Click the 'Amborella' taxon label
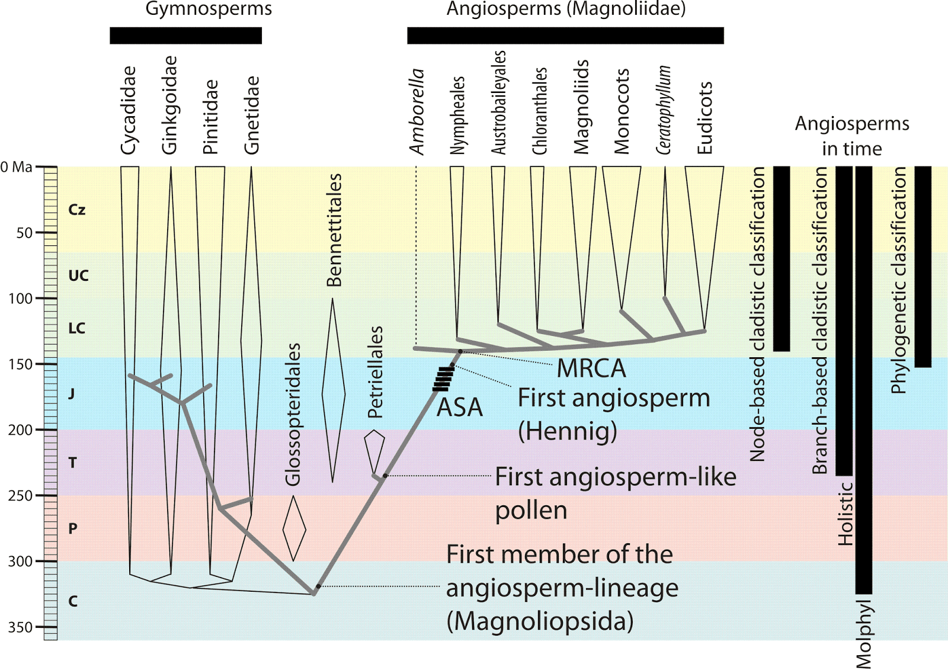[417, 111]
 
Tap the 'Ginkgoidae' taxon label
[169, 105]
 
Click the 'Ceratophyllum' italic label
[664, 110]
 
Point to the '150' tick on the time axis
[20, 364]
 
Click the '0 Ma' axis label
[17, 167]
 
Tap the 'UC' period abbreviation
[78, 275]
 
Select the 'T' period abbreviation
[72, 463]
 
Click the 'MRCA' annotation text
[591, 368]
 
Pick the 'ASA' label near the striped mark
[460, 408]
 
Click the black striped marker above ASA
[443, 379]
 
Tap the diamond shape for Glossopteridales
[294, 528]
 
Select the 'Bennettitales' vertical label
[335, 230]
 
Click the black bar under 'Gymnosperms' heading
[185, 36]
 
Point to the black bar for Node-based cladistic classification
[782, 258]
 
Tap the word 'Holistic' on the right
[845, 513]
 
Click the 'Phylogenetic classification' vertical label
[899, 280]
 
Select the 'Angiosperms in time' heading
[851, 136]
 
